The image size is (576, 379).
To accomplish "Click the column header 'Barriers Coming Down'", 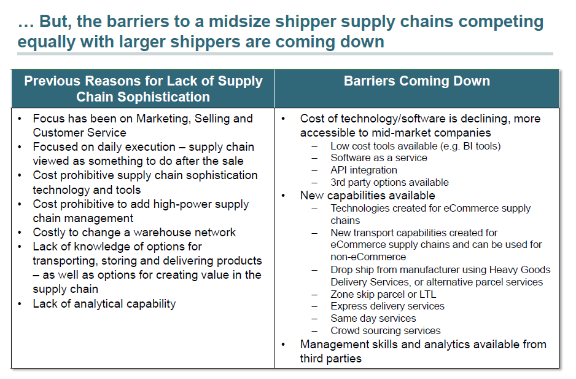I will point(416,81).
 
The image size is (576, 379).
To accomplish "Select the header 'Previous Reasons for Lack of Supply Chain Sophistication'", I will point(143,89).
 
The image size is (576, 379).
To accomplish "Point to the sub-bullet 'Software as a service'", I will point(378,158).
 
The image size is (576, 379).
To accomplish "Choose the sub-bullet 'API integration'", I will point(364,170).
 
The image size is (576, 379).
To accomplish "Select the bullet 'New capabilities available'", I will point(367,196).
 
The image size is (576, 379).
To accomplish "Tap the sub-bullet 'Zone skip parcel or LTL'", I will point(383,294).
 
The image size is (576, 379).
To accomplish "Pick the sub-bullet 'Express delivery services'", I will point(387,306).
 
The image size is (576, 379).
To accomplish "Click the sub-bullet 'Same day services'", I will point(373,319).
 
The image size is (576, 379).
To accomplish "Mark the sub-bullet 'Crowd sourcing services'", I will point(385,331).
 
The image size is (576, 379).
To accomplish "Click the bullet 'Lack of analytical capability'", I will point(104,303).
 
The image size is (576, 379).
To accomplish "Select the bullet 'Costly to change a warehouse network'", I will point(134,233).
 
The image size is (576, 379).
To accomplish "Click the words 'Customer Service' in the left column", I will point(79,133).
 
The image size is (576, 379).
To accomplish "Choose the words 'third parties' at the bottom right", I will point(331,359).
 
